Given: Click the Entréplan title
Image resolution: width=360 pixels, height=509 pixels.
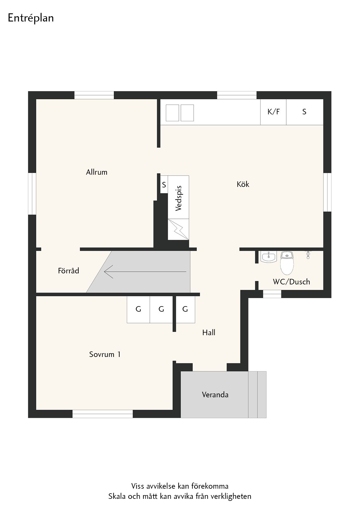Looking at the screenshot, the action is [31, 18].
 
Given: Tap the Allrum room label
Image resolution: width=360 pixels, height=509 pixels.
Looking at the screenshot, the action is [97, 172].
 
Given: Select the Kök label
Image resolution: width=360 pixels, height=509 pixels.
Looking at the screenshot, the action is [243, 184].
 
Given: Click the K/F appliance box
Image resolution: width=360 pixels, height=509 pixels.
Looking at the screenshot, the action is [273, 112].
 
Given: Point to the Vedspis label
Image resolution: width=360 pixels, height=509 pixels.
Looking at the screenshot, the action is [179, 198].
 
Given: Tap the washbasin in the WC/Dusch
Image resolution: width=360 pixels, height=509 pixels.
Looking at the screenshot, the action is [269, 257].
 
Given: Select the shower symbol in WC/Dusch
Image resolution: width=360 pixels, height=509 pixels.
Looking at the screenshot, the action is [308, 255].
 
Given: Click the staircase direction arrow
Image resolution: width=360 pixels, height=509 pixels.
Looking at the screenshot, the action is [145, 272].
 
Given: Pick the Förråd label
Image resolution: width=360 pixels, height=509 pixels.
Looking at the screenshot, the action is [69, 271].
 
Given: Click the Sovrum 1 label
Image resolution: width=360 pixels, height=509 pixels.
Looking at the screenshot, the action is [105, 354].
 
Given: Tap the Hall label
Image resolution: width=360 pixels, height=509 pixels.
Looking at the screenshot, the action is [209, 333].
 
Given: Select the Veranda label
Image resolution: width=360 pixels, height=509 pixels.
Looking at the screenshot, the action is [215, 395].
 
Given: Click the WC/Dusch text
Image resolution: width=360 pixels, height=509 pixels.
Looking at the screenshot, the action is [291, 282].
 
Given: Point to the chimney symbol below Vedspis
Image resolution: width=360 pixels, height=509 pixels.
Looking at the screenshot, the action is [179, 229].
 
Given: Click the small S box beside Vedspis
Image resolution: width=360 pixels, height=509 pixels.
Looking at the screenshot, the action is [164, 185].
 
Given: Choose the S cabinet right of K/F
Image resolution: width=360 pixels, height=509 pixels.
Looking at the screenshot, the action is [305, 112].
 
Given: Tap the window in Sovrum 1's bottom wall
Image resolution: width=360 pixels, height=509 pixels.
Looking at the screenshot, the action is [102, 414].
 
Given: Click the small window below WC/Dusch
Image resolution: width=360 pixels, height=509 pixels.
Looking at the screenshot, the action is [272, 294].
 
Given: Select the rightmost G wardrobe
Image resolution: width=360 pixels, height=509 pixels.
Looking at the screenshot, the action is [185, 309].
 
